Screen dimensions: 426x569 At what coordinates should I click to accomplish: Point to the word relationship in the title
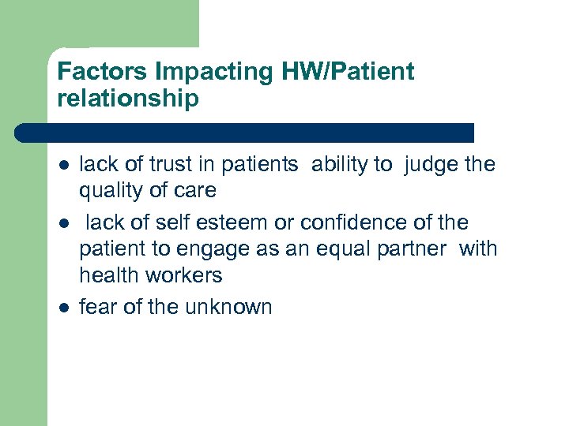coord(128,100)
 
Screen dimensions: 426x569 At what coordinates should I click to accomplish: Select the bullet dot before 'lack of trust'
coord(62,166)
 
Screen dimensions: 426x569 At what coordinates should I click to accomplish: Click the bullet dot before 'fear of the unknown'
coord(62,308)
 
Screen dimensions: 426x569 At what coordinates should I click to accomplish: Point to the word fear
coord(99,306)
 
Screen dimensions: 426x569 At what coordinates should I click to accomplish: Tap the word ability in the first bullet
coord(341,164)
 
